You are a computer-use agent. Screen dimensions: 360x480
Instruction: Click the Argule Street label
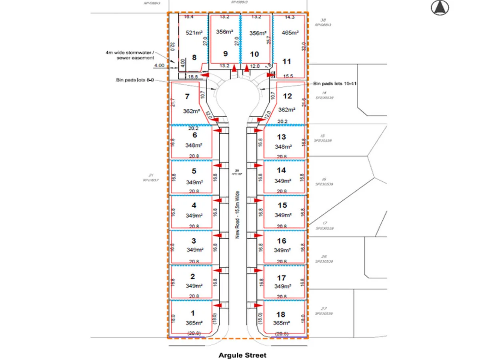coord(242,355)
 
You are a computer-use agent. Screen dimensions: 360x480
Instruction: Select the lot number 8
coord(194,57)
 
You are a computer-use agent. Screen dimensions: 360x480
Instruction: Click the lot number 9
coord(225,54)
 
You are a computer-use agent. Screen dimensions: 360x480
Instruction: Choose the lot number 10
coord(254,54)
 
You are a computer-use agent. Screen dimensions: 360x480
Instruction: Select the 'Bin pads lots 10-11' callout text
coord(334,83)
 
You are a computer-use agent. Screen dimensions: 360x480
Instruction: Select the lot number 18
coord(281,315)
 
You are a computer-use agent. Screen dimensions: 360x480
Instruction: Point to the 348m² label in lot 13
coord(282,147)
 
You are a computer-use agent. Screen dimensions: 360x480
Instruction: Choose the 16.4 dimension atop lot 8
coord(188,17)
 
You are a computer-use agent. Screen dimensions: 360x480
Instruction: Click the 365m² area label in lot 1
coord(192,323)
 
